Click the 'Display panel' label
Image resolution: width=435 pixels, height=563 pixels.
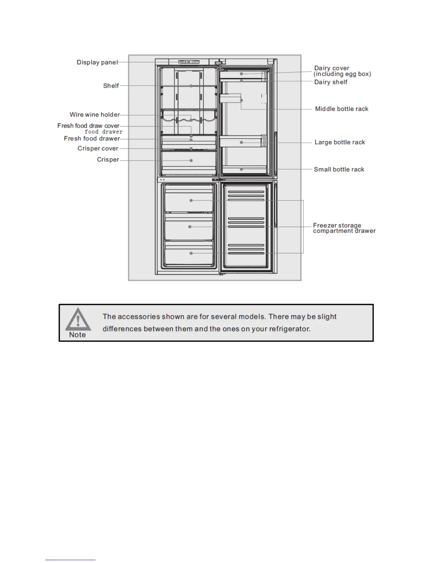point(97,63)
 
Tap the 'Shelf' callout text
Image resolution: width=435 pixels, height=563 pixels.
point(111,86)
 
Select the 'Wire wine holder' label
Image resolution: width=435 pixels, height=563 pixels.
point(95,114)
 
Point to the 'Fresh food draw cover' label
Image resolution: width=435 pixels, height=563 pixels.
point(88,126)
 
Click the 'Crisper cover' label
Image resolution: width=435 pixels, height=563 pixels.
point(98,149)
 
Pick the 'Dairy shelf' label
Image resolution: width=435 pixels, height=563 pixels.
point(331,82)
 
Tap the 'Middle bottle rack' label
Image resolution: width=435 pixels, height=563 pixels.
point(342,109)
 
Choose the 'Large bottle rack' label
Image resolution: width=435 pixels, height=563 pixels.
point(339,142)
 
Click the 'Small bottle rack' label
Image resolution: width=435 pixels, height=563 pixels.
point(339,170)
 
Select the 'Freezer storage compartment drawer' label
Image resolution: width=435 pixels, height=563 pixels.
point(344,228)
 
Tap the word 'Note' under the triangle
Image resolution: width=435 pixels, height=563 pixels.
point(77,335)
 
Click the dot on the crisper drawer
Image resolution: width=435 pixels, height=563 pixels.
point(191,161)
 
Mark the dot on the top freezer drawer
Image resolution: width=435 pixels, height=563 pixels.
point(191,200)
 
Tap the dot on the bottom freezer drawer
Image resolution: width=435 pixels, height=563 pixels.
point(191,253)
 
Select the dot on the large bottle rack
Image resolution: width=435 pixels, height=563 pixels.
point(241,142)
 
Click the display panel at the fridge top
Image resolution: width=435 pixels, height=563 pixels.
point(189,62)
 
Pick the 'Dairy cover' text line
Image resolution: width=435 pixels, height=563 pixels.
point(331,68)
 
